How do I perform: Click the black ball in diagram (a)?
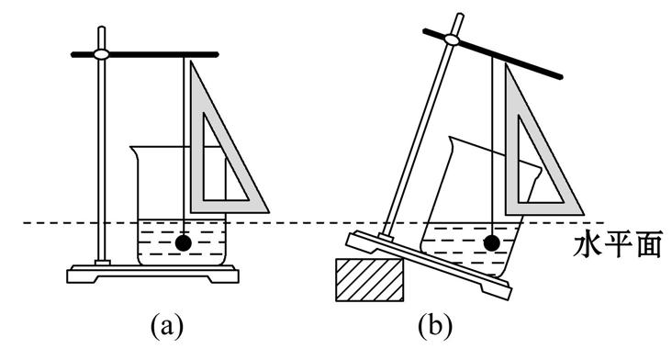(184, 243)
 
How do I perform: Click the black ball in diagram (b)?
(491, 243)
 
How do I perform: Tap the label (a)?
(167, 326)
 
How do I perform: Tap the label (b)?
(434, 326)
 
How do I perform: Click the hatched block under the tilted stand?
(369, 279)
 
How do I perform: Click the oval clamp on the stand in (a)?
(102, 54)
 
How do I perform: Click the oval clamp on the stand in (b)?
(452, 39)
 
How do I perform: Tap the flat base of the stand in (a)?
(152, 274)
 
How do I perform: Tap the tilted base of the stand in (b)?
(429, 265)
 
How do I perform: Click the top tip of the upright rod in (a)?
(102, 28)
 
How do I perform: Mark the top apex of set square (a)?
(191, 61)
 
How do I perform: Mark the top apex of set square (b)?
(506, 63)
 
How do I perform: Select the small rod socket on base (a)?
(102, 263)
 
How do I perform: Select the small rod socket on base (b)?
(386, 236)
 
